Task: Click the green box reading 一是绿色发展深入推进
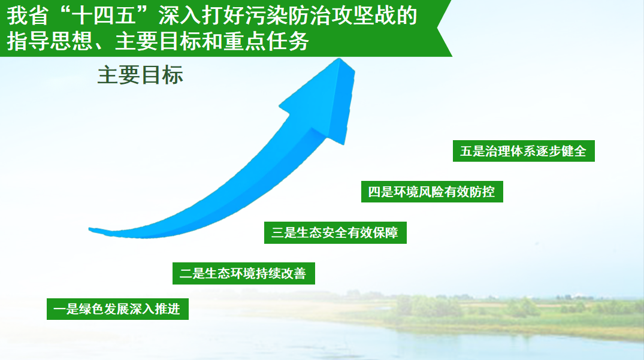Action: point(117,309)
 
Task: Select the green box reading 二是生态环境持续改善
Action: point(244,273)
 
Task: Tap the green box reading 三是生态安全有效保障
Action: point(335,233)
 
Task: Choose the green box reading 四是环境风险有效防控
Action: point(432,192)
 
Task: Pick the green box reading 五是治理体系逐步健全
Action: point(524,151)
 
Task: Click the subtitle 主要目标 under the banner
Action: point(140,75)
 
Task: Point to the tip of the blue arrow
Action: point(339,59)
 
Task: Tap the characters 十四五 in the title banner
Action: point(104,16)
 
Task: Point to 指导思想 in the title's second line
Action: point(50,41)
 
